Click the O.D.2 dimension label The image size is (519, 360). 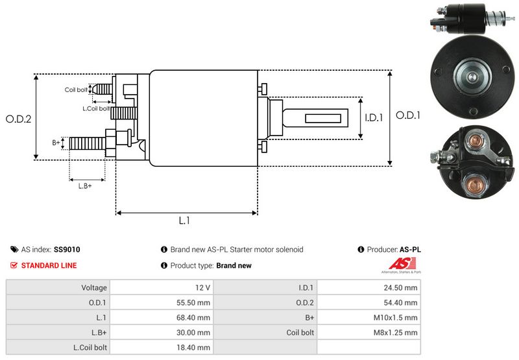click(x=19, y=119)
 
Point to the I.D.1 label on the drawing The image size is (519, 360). click(x=374, y=118)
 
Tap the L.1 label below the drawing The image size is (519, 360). click(x=184, y=221)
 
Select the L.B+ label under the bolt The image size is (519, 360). click(x=84, y=186)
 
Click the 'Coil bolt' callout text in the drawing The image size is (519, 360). click(x=75, y=90)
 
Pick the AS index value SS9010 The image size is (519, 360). click(x=67, y=249)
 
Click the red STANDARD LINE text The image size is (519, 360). click(x=49, y=265)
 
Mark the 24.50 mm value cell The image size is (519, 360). click(x=403, y=287)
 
